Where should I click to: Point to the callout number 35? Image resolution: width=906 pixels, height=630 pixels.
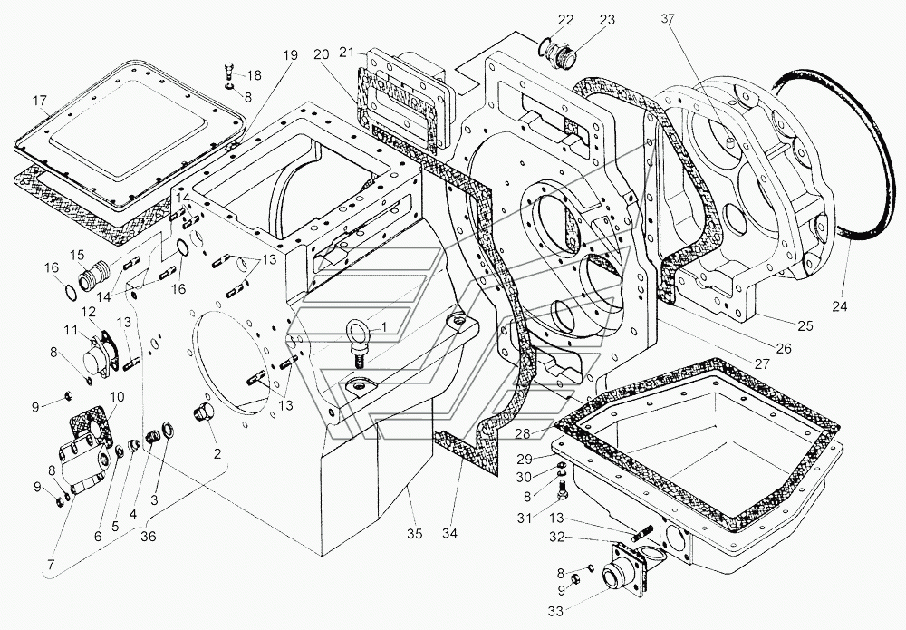pos(415,533)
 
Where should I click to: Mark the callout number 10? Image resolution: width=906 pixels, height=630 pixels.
pos(117,396)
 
